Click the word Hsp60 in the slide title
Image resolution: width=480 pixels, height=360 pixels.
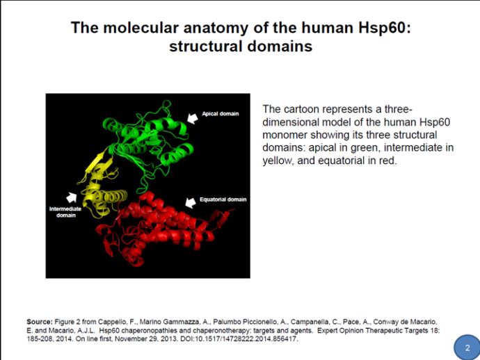tap(384, 28)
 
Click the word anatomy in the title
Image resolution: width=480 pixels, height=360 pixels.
tap(216, 28)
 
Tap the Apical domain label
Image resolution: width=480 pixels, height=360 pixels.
tap(220, 114)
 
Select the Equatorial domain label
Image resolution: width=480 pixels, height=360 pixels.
tap(223, 199)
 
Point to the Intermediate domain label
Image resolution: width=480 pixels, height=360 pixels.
tap(65, 212)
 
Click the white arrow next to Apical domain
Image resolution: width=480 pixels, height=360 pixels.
tap(193, 118)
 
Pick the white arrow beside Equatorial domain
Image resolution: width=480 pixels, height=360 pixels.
tap(191, 202)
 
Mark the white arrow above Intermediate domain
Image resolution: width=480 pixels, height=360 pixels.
tap(72, 197)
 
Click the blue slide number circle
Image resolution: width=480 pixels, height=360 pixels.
tap(467, 347)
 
